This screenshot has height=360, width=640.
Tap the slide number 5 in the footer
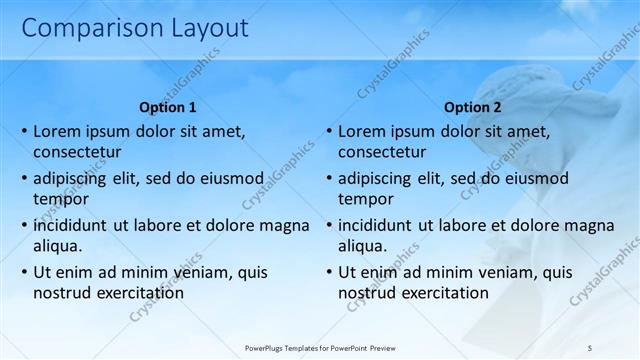(590, 348)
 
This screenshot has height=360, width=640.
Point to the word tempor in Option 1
(60, 199)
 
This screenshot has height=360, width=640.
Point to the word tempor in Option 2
(365, 199)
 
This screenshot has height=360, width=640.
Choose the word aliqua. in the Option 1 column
(58, 246)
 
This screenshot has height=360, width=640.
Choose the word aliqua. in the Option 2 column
(363, 246)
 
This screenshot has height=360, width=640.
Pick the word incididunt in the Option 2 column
(378, 225)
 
